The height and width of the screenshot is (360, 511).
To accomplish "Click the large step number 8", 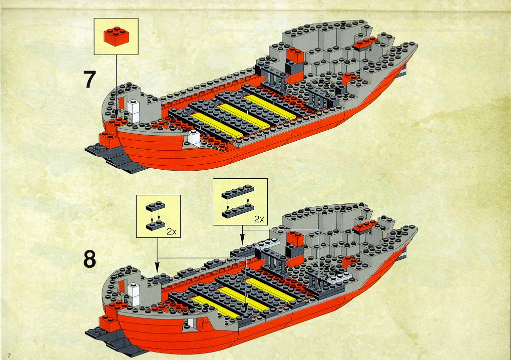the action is click(90, 259).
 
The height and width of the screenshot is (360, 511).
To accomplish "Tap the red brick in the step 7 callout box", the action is click(116, 36).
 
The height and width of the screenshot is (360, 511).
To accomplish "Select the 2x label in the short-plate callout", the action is click(172, 231).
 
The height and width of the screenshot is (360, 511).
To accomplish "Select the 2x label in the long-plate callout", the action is click(259, 219).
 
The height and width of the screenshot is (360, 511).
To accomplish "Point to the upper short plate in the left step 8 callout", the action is click(156, 206).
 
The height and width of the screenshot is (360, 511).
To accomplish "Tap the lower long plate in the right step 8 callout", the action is click(238, 211).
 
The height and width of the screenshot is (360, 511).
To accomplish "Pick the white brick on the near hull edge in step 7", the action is click(194, 138).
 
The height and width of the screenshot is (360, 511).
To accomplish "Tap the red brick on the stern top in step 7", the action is click(365, 43).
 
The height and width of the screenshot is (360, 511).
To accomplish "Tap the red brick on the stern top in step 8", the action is click(365, 226).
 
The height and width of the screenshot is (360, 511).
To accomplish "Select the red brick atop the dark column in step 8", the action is click(295, 238).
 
